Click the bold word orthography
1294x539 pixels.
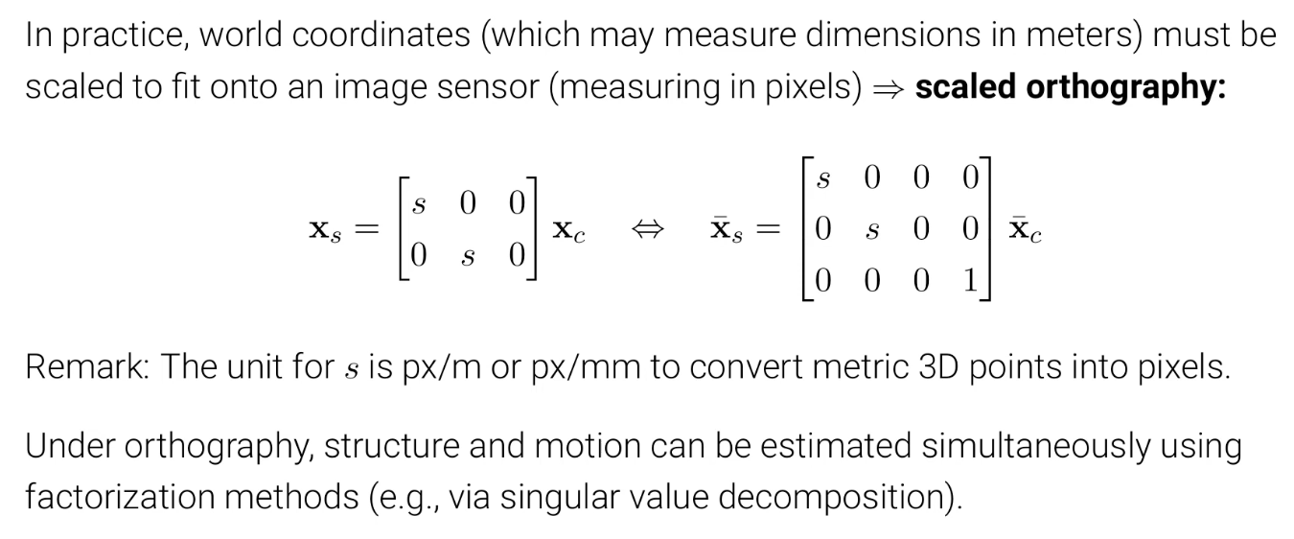pos(1126,87)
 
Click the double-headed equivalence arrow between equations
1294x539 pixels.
pos(641,229)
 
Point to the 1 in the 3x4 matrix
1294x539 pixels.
pos(970,280)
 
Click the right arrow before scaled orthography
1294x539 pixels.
pos(888,87)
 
